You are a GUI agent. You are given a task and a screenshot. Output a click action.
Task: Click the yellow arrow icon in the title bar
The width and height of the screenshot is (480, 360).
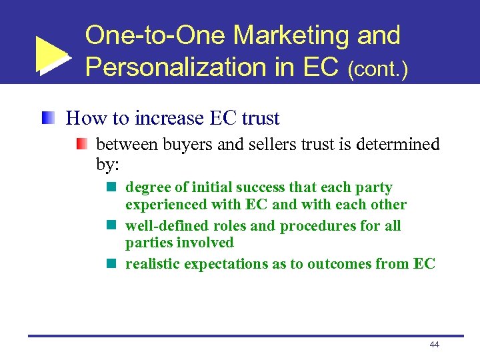click(x=51, y=55)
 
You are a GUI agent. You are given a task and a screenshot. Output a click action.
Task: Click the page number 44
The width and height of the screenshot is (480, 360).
click(x=434, y=345)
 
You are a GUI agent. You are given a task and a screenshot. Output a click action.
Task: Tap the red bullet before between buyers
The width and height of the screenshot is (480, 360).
click(x=81, y=144)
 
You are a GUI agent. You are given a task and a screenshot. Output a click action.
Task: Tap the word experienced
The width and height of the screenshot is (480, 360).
click(x=165, y=205)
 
